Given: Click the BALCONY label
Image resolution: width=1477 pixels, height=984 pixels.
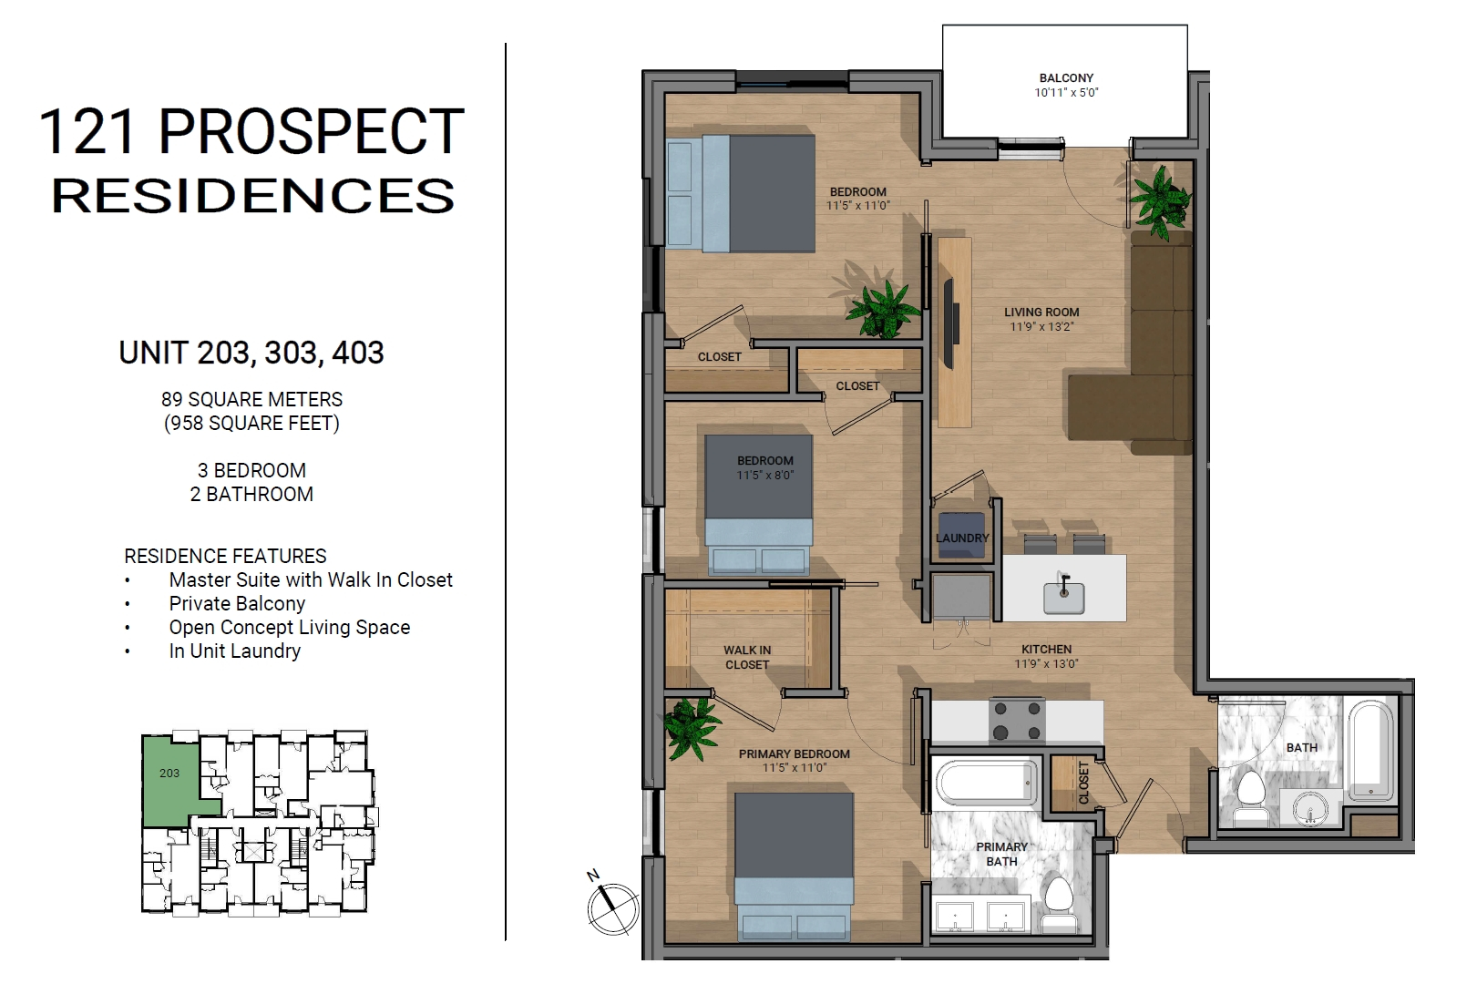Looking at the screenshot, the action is (1066, 77).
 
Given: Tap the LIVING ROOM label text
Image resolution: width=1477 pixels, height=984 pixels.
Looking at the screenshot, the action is (1041, 312).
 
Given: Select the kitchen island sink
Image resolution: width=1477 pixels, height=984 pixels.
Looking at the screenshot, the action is (1063, 597).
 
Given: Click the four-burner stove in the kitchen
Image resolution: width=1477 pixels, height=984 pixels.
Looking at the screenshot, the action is (1017, 721).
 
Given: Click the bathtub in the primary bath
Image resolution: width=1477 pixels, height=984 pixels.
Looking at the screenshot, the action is (985, 783).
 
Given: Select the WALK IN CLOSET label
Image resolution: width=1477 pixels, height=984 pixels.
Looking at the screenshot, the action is (747, 658).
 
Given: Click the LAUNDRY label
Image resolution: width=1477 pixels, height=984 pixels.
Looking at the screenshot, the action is (963, 538).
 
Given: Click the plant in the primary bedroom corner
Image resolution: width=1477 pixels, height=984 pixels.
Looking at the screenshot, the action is (691, 728).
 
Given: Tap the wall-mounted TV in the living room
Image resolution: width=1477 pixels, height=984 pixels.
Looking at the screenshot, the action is (949, 323).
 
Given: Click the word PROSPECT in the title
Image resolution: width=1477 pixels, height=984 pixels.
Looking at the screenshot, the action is (312, 132).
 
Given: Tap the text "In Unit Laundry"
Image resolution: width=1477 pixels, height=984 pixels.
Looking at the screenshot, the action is (235, 651).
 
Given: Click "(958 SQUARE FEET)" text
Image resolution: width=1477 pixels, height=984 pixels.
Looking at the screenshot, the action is (251, 424).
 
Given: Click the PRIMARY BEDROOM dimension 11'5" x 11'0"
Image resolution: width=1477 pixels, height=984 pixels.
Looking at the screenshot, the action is (794, 768).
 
